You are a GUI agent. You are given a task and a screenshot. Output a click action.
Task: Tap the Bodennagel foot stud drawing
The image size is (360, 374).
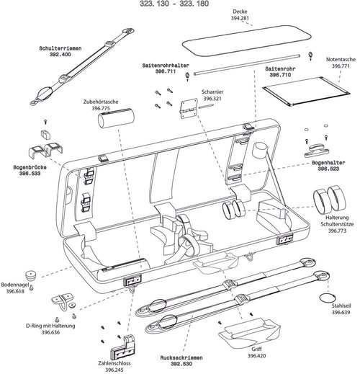[x=31, y=275]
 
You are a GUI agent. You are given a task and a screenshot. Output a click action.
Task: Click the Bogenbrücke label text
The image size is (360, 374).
[x=26, y=166]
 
